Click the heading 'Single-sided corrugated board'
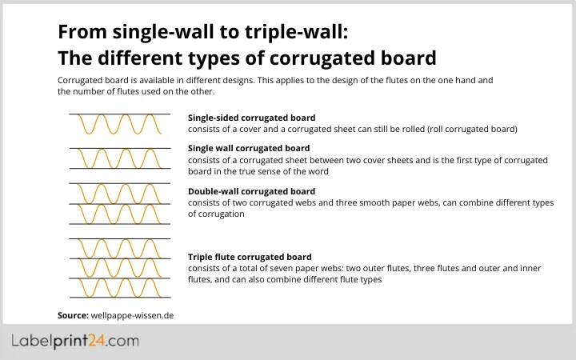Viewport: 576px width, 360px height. click(x=251, y=118)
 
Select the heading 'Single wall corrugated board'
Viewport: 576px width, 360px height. click(x=249, y=148)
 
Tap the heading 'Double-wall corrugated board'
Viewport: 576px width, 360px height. click(x=251, y=191)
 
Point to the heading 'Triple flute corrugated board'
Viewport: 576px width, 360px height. click(x=250, y=257)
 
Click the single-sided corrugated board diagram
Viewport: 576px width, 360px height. click(x=119, y=125)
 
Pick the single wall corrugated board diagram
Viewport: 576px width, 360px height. click(x=119, y=158)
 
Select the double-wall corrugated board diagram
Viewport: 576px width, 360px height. click(x=119, y=203)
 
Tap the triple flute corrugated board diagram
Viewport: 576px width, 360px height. click(x=119, y=268)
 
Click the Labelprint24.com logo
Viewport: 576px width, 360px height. click(x=75, y=341)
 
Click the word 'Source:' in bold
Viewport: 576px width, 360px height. click(x=73, y=315)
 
